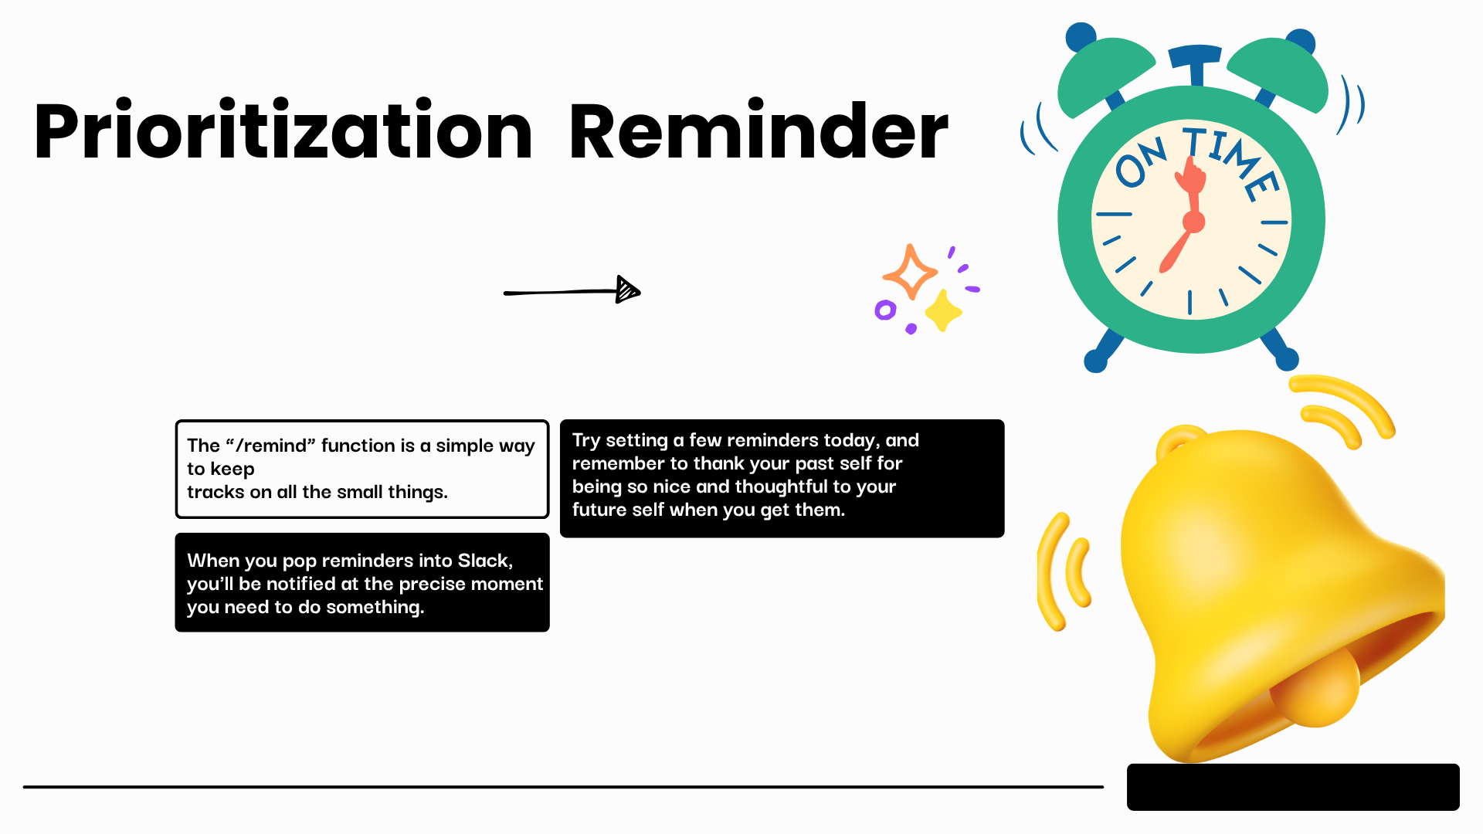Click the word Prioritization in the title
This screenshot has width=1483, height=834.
tap(283, 130)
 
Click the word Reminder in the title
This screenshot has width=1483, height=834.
tap(758, 130)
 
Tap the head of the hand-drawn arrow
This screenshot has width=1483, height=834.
tap(628, 290)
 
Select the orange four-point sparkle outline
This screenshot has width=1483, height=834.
tap(910, 272)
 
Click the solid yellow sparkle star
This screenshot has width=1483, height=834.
tap(943, 312)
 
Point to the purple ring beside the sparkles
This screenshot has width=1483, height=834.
tap(885, 310)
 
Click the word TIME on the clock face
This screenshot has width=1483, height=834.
tap(1231, 161)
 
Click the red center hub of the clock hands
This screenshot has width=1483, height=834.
tap(1194, 223)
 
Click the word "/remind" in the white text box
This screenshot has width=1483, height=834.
tap(270, 446)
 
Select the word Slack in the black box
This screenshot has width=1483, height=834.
tap(485, 561)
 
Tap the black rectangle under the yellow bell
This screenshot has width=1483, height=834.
tap(1293, 787)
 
